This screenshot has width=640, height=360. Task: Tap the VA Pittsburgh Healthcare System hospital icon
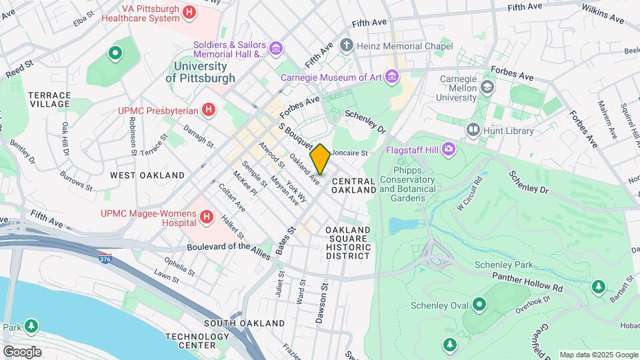[189, 12]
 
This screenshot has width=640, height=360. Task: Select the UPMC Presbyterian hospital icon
[209, 109]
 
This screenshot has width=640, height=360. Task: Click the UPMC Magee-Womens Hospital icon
[207, 217]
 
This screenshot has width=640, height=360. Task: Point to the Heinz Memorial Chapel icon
[346, 46]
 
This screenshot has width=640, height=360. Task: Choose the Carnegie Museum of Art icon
[392, 77]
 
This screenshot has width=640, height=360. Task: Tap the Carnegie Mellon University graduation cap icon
[488, 87]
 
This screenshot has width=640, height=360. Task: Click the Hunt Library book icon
[474, 129]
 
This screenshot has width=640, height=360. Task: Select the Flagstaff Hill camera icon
[449, 148]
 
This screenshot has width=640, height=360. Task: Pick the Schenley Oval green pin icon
[479, 305]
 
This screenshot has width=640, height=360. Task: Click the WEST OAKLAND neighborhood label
[147, 175]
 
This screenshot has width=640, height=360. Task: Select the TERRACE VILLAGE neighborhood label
[49, 99]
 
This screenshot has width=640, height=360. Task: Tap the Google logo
[23, 351]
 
